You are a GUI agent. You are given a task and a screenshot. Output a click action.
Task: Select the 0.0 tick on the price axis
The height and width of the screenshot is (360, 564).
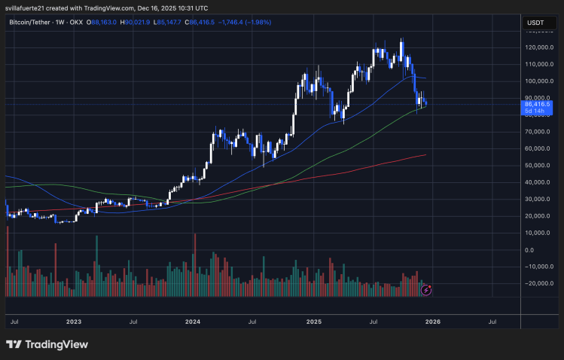click(529, 250)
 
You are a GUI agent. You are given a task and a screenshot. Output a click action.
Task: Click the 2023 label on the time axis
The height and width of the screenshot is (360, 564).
click(73, 321)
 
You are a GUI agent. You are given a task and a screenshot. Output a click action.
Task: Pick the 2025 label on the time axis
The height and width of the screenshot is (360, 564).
click(314, 321)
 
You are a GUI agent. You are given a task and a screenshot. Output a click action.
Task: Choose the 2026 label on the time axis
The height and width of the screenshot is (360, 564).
click(434, 321)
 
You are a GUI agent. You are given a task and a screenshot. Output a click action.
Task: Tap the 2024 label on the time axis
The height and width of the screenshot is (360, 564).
click(193, 321)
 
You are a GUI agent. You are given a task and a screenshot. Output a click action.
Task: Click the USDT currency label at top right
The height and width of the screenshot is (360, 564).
click(535, 23)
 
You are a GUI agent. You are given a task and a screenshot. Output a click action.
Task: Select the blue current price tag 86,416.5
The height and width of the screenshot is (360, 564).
click(537, 105)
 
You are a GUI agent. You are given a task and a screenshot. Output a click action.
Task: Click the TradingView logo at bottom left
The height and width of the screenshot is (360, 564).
click(47, 344)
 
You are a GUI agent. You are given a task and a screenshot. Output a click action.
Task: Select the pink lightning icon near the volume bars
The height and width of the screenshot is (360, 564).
click(427, 289)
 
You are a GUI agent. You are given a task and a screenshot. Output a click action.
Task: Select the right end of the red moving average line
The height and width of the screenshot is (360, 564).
click(425, 155)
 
